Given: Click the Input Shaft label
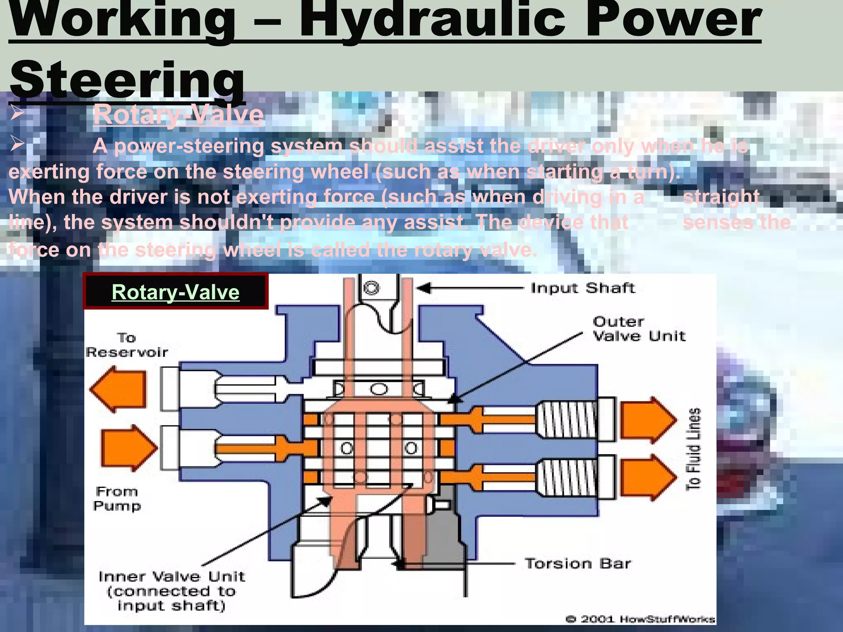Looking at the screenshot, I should [x=582, y=288].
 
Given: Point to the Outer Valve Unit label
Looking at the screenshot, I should [x=639, y=329].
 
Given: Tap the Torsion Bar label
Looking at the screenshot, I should [x=578, y=563].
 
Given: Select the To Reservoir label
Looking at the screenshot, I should [x=127, y=345].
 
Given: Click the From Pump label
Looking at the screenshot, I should [x=117, y=499].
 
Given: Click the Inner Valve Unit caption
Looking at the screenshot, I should [x=172, y=591].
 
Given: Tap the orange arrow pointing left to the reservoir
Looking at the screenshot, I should [x=119, y=389].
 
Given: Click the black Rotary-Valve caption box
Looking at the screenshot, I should [x=176, y=291].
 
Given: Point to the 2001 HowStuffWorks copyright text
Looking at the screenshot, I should [x=640, y=619].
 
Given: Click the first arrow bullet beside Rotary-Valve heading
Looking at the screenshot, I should [x=18, y=112].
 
